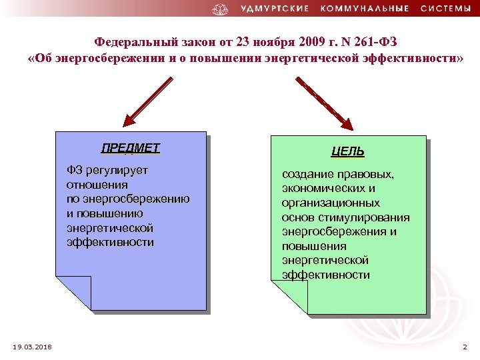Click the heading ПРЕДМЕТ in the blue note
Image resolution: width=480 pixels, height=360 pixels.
(x=131, y=147)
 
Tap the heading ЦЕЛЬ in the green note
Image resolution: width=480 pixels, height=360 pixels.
(x=348, y=152)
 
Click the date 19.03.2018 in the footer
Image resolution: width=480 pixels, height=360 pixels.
(x=33, y=347)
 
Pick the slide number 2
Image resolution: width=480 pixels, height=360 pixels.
(x=465, y=347)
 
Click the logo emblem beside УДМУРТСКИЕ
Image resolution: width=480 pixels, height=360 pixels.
(x=220, y=9)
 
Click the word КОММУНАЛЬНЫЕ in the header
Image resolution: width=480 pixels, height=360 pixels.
(x=363, y=9)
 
